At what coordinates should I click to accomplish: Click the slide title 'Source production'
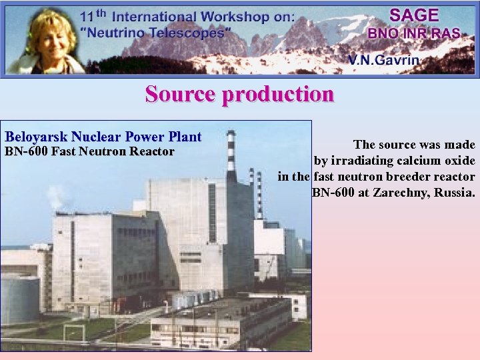pos(239,94)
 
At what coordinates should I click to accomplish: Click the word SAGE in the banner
pos(413,15)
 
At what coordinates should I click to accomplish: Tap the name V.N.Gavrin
pos(383,60)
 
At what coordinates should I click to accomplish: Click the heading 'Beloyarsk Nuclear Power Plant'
pos(103,137)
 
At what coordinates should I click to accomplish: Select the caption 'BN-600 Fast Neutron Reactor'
pos(90,152)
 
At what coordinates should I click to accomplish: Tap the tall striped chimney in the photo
pos(231,157)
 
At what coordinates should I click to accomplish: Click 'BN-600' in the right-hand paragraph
pos(333,193)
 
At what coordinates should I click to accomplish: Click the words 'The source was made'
pos(414,145)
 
